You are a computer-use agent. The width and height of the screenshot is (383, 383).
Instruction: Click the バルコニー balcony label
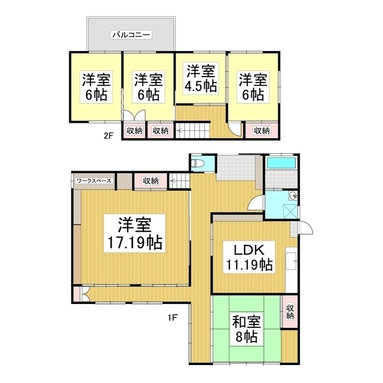(x=131, y=35)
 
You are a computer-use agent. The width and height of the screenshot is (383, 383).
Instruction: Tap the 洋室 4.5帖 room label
(x=200, y=78)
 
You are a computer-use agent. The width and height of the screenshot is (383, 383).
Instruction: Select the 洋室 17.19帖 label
(x=135, y=233)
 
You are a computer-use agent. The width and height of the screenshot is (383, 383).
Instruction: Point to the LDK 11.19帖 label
(x=249, y=257)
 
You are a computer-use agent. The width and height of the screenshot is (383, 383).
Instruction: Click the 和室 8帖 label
(x=246, y=329)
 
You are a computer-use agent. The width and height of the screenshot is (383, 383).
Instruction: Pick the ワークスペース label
(x=94, y=181)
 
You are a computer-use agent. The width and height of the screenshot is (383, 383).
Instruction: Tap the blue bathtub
(x=281, y=163)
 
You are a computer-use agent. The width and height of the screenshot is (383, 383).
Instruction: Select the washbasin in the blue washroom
(x=293, y=196)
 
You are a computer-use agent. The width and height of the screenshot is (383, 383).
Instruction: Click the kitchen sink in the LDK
(x=291, y=262)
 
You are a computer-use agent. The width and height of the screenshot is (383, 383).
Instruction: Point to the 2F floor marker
(x=109, y=136)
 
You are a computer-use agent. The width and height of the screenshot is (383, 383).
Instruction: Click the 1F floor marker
(x=172, y=318)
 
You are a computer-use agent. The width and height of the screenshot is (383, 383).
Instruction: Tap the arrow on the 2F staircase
(x=181, y=130)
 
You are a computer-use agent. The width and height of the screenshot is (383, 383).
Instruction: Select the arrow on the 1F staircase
(x=175, y=181)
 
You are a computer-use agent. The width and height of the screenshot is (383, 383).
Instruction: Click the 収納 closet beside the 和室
(x=290, y=311)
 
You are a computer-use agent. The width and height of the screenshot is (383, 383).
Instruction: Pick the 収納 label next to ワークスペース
(x=151, y=181)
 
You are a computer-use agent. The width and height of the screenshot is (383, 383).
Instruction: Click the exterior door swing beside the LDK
(x=306, y=227)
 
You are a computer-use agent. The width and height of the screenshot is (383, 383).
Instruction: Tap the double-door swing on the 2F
(x=135, y=115)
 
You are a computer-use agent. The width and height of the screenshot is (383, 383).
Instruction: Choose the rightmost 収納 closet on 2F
(x=262, y=130)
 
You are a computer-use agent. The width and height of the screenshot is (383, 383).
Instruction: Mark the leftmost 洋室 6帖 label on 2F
(x=96, y=87)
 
